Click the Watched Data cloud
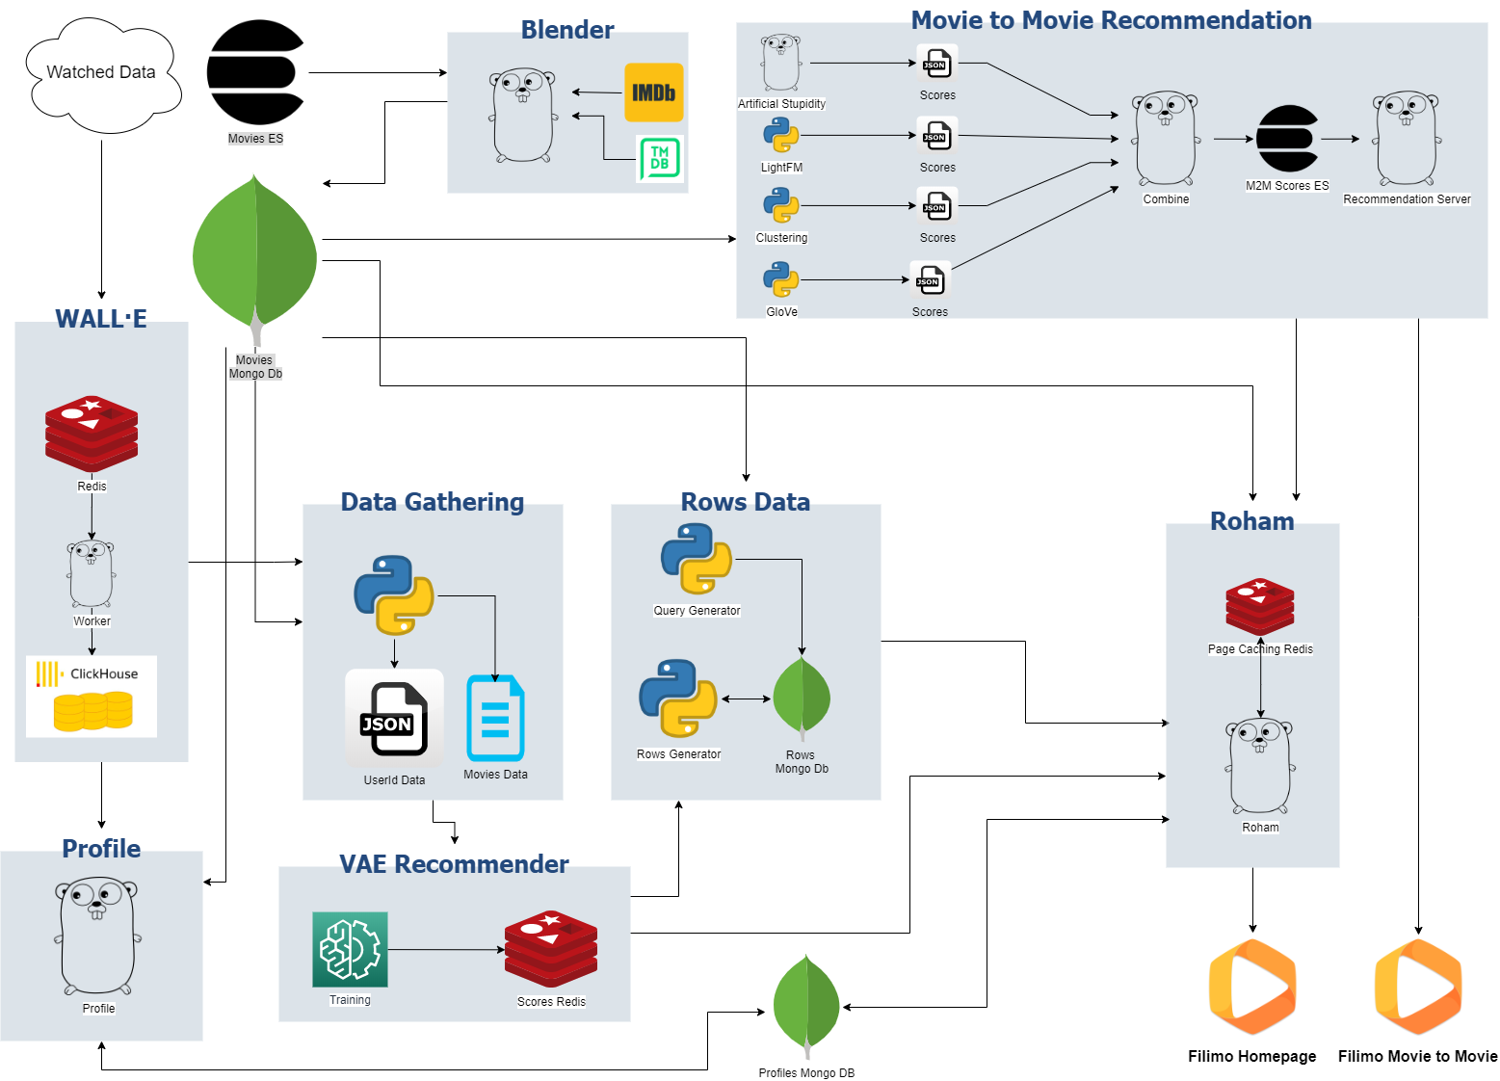[x=101, y=74]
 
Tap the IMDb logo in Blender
[x=653, y=92]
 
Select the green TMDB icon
[x=660, y=158]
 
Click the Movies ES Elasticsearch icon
[x=255, y=73]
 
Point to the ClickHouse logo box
[x=92, y=697]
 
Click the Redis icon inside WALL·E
[x=92, y=434]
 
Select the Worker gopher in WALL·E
[x=92, y=574]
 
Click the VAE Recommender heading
[x=454, y=864]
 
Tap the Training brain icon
[x=350, y=949]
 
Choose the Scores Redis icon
[x=551, y=949]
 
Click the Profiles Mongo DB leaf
[x=806, y=1006]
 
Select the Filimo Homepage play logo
[x=1251, y=988]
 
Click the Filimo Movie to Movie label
[x=1417, y=1056]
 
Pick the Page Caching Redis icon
[x=1260, y=607]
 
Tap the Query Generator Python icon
[x=697, y=559]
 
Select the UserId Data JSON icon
[x=394, y=719]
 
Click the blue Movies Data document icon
[x=495, y=719]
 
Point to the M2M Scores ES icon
[x=1287, y=139]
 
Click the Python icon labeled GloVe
[x=781, y=280]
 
